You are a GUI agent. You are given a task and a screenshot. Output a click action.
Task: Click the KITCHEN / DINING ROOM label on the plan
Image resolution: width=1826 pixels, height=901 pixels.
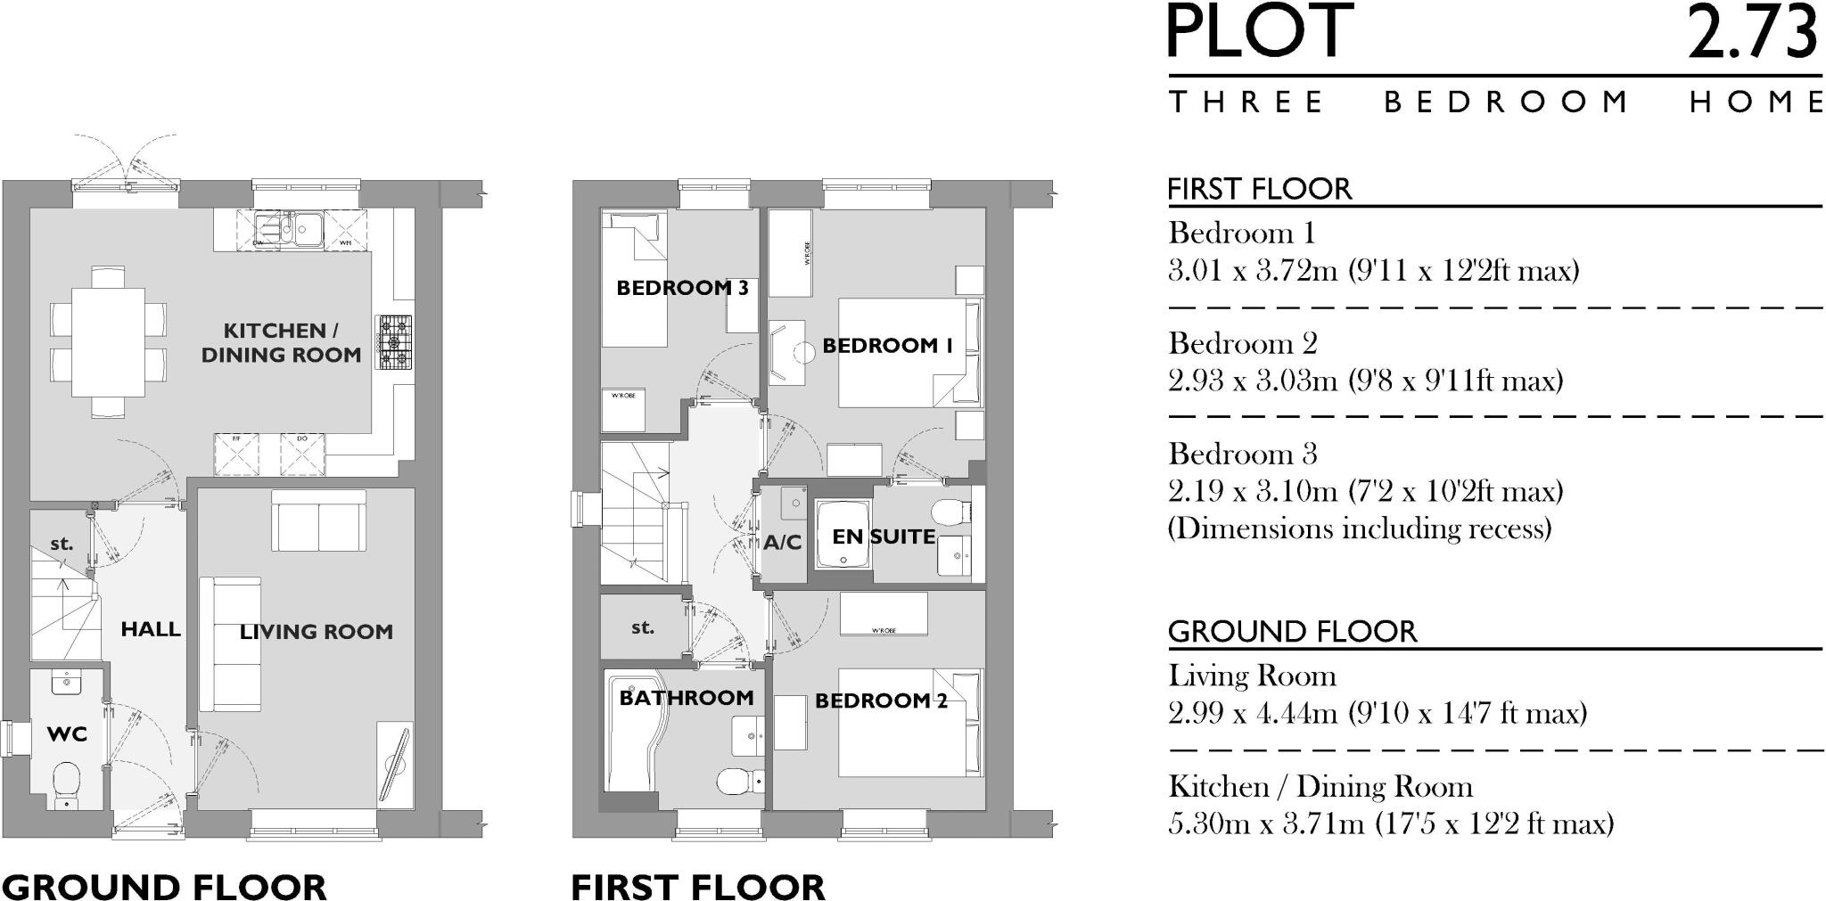click(x=280, y=342)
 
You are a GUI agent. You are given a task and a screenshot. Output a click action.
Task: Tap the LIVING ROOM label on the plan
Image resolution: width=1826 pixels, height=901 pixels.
click(x=316, y=632)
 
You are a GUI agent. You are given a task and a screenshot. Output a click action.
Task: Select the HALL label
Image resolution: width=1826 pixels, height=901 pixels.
click(x=151, y=629)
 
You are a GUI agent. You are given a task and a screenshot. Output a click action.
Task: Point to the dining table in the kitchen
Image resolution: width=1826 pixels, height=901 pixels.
click(x=108, y=340)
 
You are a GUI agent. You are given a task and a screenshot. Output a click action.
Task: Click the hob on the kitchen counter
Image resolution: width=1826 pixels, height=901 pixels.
click(x=395, y=342)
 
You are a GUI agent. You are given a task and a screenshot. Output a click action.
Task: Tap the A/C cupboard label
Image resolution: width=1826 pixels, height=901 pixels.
click(x=782, y=543)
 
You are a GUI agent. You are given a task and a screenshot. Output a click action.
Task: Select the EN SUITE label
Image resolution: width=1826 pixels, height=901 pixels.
click(x=883, y=537)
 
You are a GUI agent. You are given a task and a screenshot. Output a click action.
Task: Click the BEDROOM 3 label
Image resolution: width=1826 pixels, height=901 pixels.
click(x=682, y=288)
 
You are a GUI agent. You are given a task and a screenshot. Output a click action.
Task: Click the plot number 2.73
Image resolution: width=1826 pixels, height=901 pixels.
click(x=1751, y=34)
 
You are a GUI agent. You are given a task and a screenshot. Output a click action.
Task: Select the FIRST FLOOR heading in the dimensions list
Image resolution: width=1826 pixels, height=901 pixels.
click(x=1259, y=189)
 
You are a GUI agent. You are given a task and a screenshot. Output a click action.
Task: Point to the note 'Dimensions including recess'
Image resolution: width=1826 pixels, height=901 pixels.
click(x=1359, y=529)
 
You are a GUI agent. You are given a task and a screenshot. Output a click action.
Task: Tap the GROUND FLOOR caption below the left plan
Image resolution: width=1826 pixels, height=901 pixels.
click(x=165, y=887)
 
